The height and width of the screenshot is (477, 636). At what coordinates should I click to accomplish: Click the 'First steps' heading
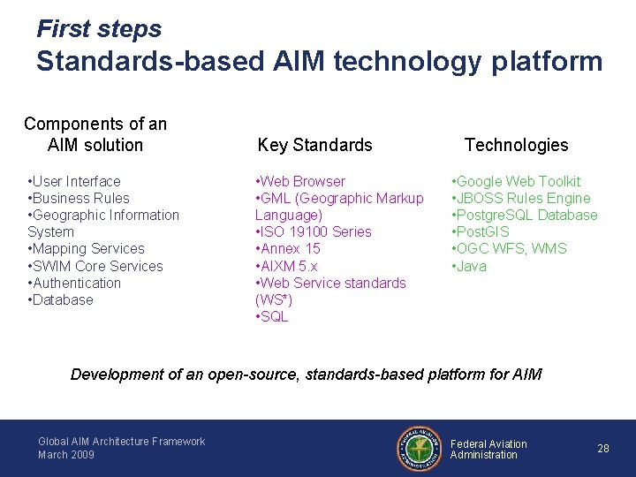tap(99, 29)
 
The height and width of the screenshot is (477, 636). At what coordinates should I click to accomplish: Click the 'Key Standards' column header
tap(314, 145)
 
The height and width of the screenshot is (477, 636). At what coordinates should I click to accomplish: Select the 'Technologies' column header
tap(516, 145)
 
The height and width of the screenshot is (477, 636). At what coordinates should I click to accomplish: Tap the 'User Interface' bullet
tap(74, 181)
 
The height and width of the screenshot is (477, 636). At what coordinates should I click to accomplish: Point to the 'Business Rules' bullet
tap(79, 198)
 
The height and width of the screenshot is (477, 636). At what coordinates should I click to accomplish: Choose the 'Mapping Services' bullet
tap(86, 248)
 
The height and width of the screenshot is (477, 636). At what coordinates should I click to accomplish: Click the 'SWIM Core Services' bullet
tap(95, 266)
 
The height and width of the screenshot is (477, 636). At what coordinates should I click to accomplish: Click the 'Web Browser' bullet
tap(300, 181)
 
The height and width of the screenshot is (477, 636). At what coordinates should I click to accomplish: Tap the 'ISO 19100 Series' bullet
tap(314, 231)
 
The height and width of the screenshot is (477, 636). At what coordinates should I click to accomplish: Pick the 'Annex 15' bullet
tap(288, 248)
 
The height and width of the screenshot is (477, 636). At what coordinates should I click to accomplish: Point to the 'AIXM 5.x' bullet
tap(286, 266)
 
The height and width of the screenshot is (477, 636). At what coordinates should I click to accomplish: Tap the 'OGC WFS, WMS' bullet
tap(510, 248)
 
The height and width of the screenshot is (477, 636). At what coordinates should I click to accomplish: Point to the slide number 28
tap(603, 449)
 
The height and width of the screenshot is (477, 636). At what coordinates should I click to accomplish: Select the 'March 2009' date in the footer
tap(66, 455)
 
